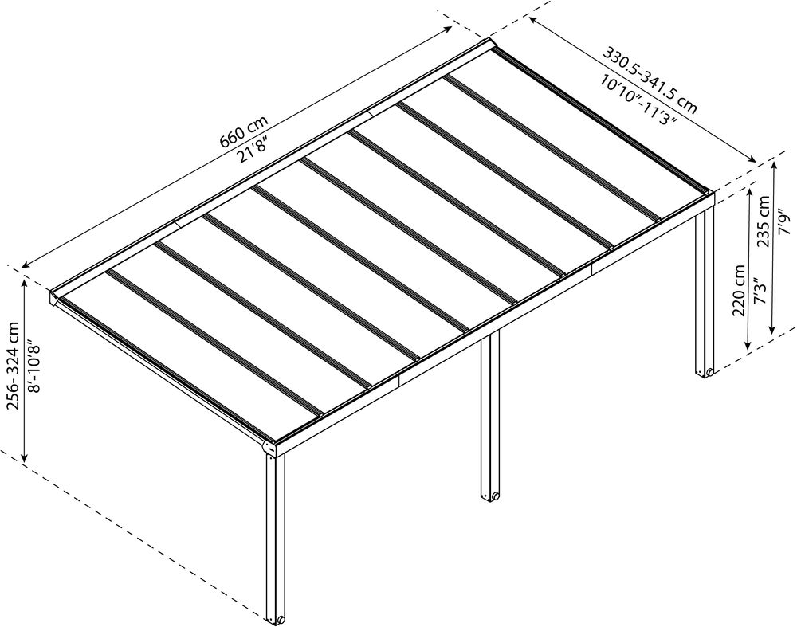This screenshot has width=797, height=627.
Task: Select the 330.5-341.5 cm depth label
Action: [650, 80]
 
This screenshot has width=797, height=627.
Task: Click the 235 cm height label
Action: [764, 224]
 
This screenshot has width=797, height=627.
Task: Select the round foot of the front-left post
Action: [280, 619]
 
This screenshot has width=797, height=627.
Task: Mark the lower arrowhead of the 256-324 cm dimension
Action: [25, 460]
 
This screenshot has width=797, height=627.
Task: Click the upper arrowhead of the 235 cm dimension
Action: [773, 163]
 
